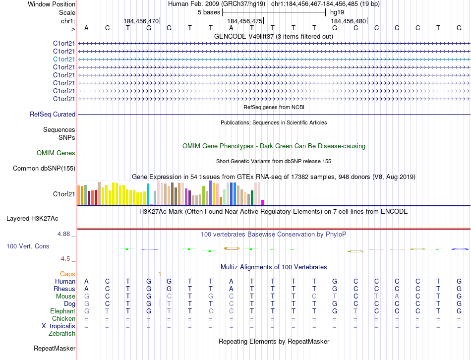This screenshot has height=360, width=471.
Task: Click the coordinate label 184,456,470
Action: pyautogui.click(x=141, y=21)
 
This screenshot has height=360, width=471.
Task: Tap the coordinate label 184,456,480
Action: pyautogui.click(x=348, y=21)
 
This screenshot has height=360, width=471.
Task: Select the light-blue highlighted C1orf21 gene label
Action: pyautogui.click(x=64, y=59)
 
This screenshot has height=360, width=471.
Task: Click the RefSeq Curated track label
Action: pyautogui.click(x=53, y=115)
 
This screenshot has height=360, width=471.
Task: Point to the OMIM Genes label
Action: pyautogui.click(x=56, y=153)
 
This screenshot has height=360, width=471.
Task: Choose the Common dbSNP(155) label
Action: pyautogui.click(x=44, y=169)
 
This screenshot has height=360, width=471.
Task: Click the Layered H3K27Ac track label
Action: pyautogui.click(x=32, y=218)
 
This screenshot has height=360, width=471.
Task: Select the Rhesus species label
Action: pyautogui.click(x=65, y=289)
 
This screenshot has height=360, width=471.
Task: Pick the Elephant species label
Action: pyautogui.click(x=63, y=311)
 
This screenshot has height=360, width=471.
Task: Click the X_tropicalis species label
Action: pyautogui.click(x=59, y=326)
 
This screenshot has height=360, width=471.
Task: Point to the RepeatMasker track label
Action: pyautogui.click(x=55, y=349)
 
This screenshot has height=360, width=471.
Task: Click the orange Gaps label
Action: pyautogui.click(x=67, y=274)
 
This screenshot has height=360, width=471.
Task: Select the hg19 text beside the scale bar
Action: pyautogui.click(x=337, y=12)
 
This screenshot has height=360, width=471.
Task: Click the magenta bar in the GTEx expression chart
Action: pyautogui.click(x=263, y=202)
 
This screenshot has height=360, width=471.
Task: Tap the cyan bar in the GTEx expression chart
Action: pyautogui.click(x=148, y=194)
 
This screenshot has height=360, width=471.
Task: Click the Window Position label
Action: pyautogui.click(x=52, y=4)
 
